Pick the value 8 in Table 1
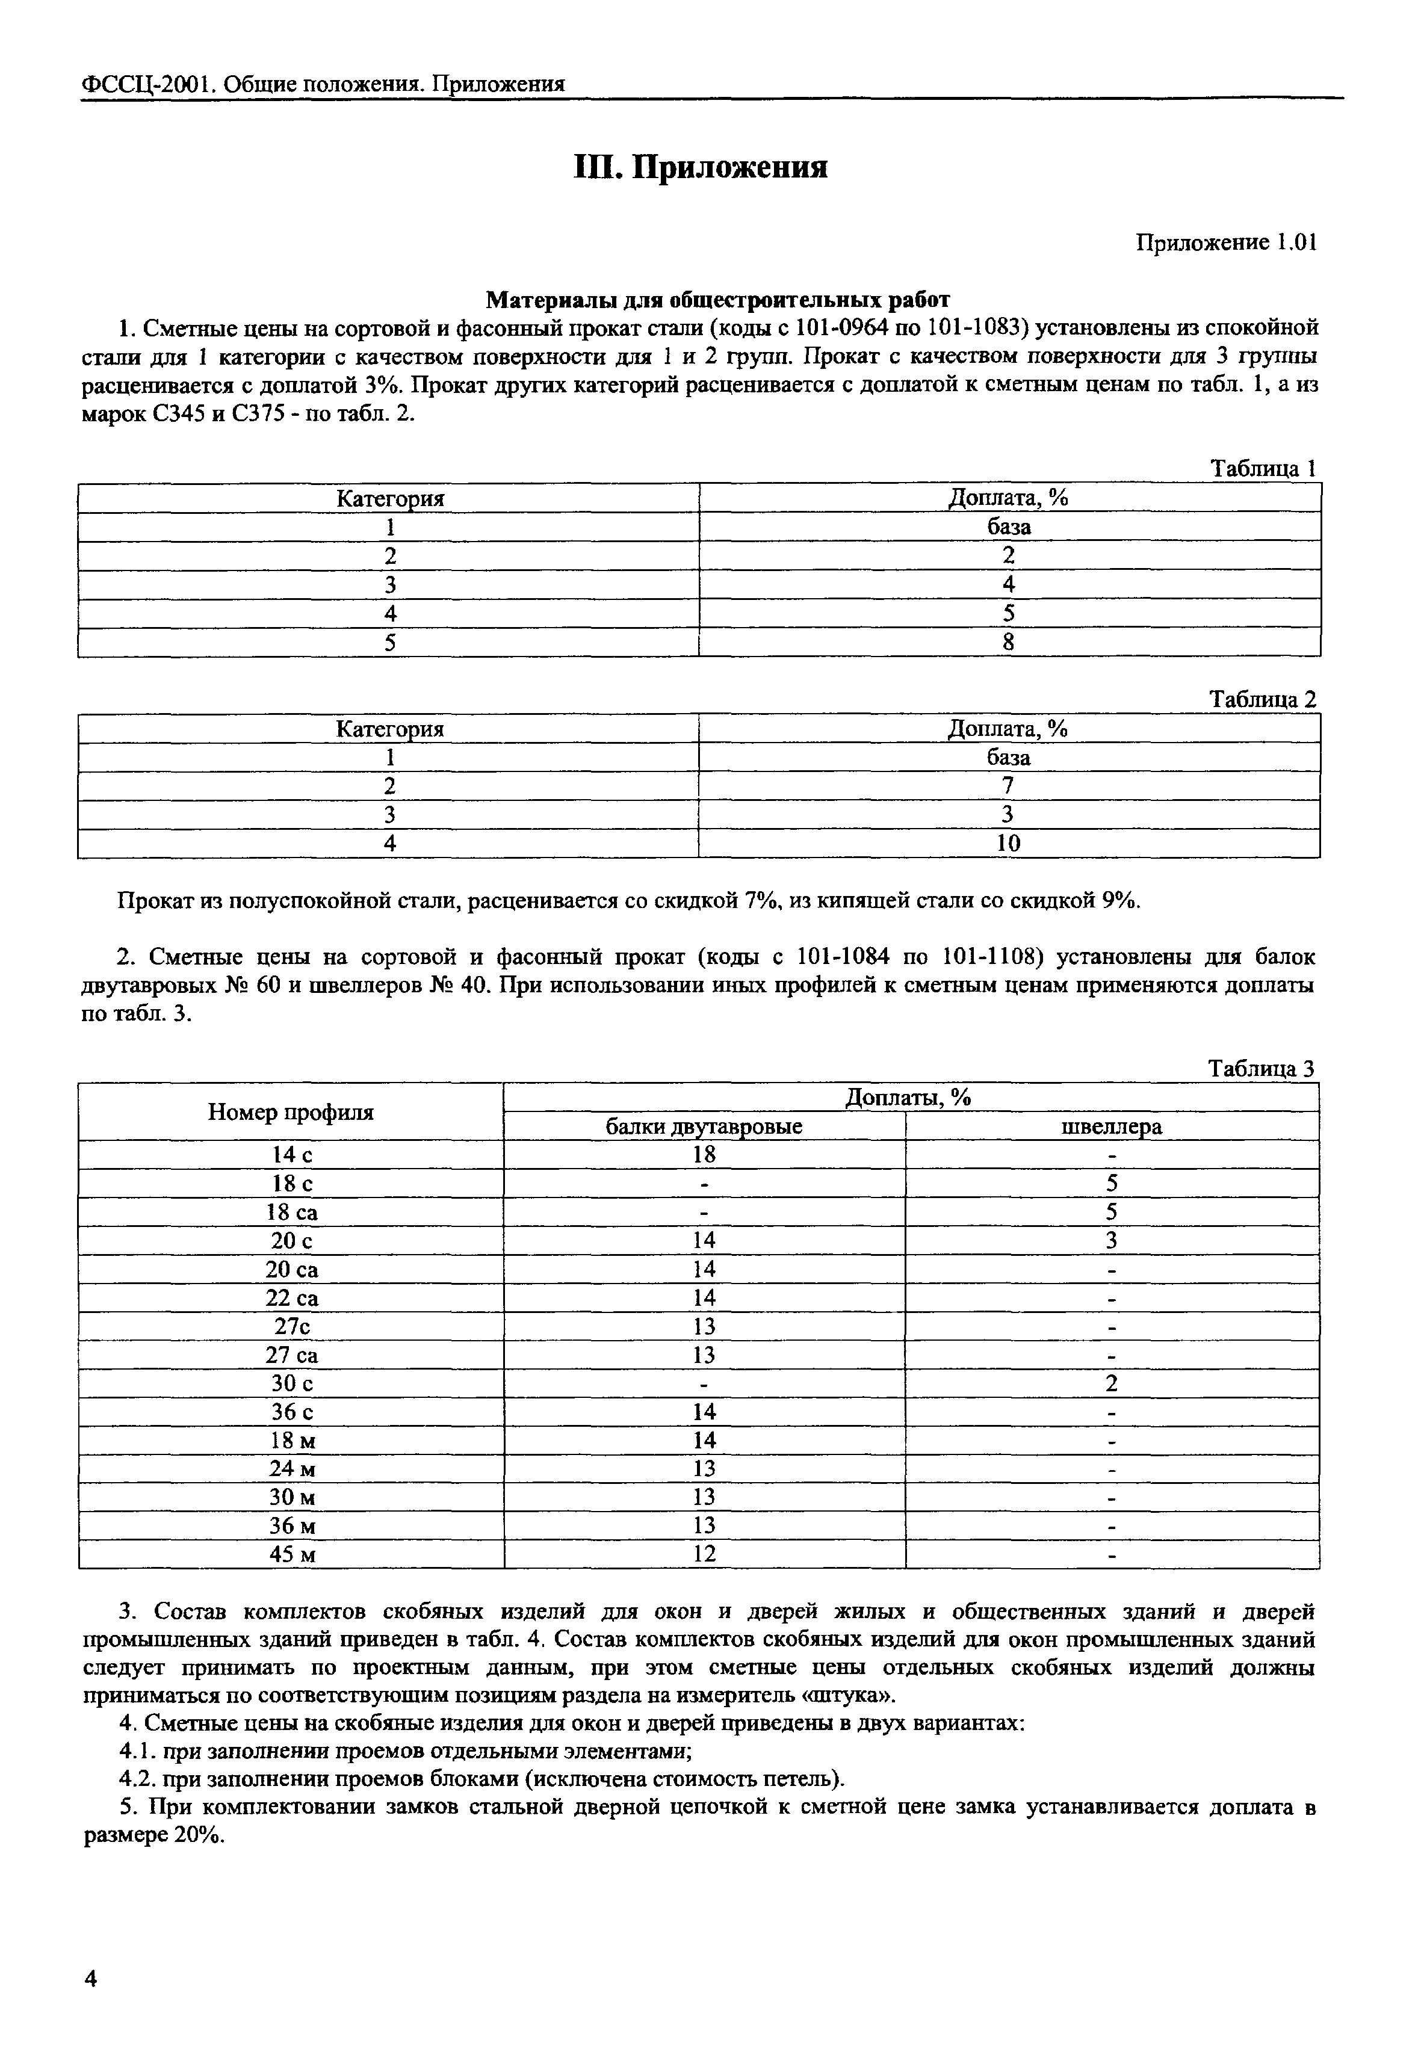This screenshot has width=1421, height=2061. point(1008,642)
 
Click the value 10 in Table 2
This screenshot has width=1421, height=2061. point(1008,843)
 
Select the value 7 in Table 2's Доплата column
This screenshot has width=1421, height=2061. point(1008,785)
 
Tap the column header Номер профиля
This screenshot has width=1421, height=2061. point(291,1112)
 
